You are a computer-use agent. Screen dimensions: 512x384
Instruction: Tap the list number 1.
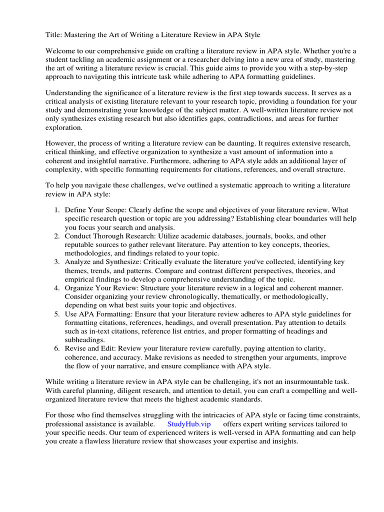click(57, 209)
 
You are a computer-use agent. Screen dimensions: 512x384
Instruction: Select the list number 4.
click(57, 288)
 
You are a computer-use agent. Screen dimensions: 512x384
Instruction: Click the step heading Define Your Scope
click(95, 209)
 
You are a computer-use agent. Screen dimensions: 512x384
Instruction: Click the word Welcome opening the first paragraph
click(61, 51)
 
